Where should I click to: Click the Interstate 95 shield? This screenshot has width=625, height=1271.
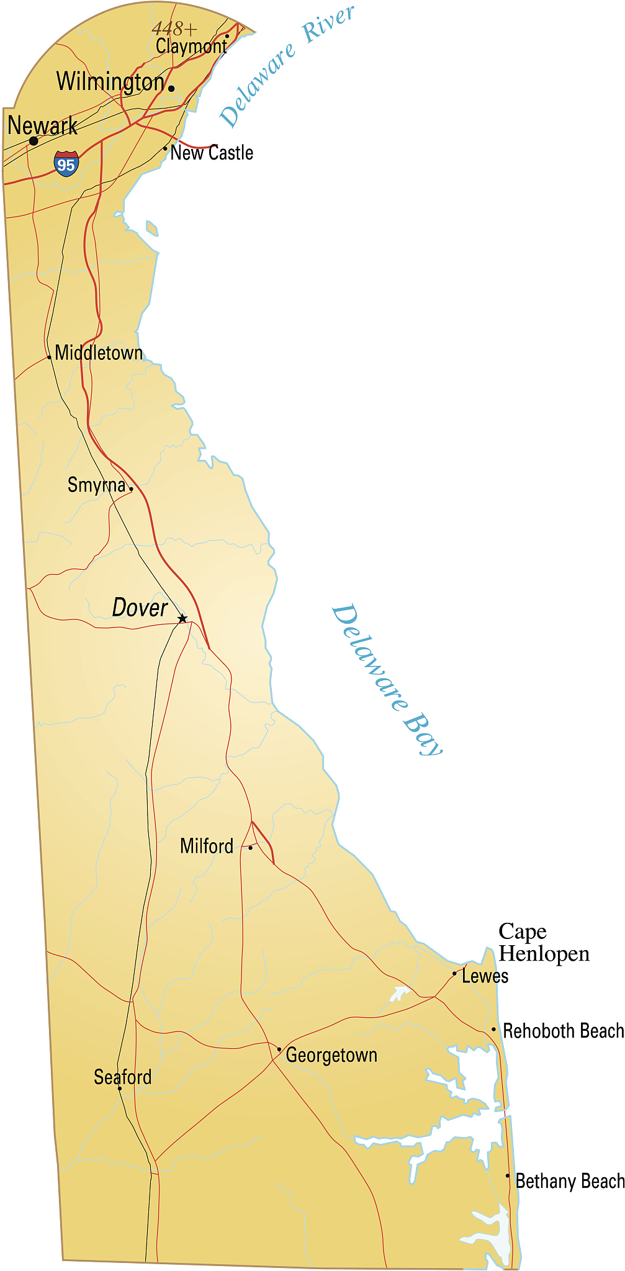66,164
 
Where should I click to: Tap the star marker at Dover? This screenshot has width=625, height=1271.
182,619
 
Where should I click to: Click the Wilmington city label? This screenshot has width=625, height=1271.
110,81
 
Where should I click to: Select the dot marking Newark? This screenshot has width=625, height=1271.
34,141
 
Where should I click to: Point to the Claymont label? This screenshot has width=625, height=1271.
191,46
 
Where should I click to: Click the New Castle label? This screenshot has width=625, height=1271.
212,153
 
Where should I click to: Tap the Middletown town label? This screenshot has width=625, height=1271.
99,353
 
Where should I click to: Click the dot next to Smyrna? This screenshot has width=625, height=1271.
131,488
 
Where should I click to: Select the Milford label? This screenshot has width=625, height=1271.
207,846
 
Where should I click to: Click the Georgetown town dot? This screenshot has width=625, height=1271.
279,1049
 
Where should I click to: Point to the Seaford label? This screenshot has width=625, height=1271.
122,1077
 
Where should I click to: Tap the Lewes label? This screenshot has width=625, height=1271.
485,976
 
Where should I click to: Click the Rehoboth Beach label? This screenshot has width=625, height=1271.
563,1031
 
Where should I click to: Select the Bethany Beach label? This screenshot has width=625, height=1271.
569,1181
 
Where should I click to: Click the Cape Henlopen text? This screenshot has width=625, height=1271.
543,942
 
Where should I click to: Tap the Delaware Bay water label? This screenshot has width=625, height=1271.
387,680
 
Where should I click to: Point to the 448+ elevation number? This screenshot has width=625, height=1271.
174,29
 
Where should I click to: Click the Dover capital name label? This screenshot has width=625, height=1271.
140,608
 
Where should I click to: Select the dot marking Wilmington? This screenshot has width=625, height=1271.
171,89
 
